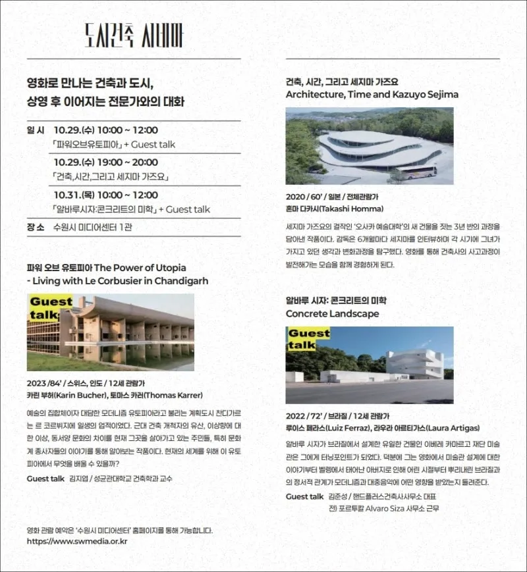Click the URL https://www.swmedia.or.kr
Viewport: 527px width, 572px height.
click(77, 542)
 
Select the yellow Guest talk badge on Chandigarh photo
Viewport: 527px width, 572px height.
click(51, 308)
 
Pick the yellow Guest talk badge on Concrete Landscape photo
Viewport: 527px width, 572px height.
click(309, 339)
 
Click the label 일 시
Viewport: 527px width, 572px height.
click(36, 130)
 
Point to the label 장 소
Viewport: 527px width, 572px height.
click(36, 227)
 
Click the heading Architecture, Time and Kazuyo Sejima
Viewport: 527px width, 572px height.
click(372, 94)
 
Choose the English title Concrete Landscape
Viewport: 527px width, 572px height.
click(332, 314)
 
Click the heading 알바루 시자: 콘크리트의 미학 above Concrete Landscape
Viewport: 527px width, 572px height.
click(336, 300)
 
